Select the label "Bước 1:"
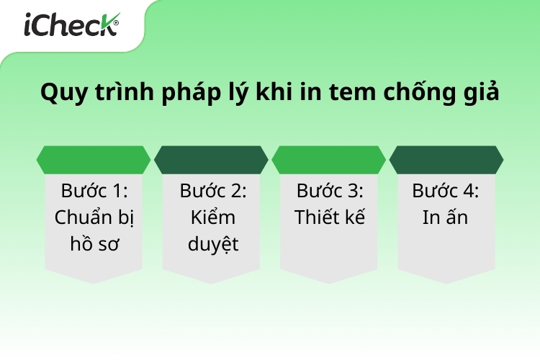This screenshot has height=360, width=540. point(94,191)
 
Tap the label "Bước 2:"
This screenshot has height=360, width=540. point(212,191)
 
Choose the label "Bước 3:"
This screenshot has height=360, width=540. point(330,191)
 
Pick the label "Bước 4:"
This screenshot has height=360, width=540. point(446,191)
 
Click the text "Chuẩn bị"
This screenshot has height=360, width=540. point(94,217)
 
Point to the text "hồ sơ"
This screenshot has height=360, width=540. point(94,243)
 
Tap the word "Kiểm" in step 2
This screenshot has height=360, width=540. point(212,217)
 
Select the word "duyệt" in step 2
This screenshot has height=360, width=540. point(212,243)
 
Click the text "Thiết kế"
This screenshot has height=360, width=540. point(330,217)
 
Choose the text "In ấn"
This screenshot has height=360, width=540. point(446,217)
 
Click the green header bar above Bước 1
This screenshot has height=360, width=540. point(94,160)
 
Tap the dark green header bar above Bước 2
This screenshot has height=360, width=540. point(212,160)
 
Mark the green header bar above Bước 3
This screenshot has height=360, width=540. point(329,160)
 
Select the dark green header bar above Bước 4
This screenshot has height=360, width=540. point(446,160)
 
